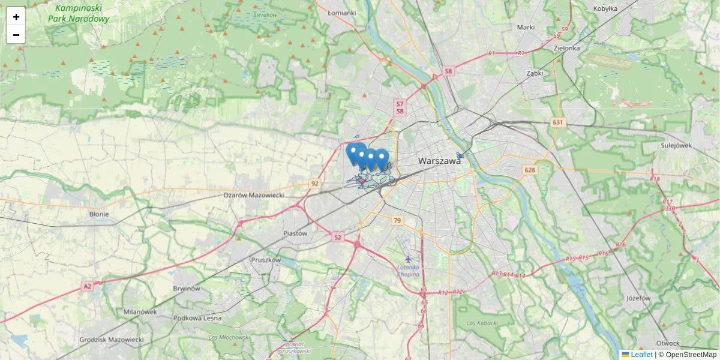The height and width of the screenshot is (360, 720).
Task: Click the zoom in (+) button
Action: [16, 17]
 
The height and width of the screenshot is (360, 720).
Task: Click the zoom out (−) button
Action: [16, 35]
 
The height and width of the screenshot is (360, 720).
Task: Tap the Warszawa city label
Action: [440, 161]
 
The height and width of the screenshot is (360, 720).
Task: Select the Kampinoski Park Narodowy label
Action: [79, 13]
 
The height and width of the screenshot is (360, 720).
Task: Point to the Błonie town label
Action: [99, 214]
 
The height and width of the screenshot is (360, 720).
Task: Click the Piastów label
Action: [295, 233]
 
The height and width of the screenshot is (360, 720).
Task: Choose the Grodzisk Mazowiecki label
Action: [112, 340]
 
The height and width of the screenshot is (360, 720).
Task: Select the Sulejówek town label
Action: [676, 145]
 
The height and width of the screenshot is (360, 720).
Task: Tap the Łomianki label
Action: [343, 12]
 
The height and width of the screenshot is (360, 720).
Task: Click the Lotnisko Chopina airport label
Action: [409, 270]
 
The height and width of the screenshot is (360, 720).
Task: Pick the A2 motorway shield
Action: [88, 287]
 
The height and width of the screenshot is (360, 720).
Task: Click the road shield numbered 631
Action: [559, 122]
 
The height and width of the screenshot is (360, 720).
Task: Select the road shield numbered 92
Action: [314, 183]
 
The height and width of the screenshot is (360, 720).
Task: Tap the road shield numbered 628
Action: [530, 170]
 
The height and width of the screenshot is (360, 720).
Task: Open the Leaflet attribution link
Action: [641, 355]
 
